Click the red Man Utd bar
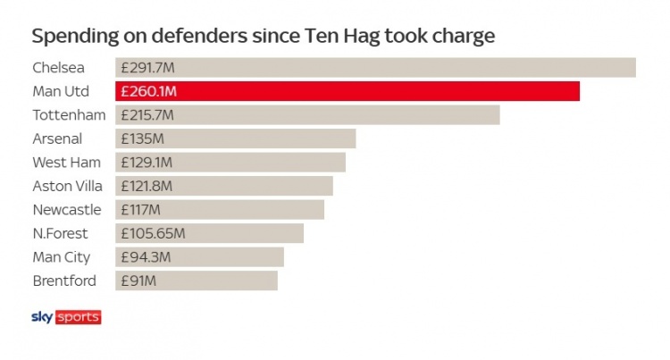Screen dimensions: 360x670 click(x=348, y=91)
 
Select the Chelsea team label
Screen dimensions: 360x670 click(x=59, y=68)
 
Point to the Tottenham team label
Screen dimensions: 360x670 click(x=69, y=115)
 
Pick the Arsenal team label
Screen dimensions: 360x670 click(x=57, y=138)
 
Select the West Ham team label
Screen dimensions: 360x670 click(x=66, y=163)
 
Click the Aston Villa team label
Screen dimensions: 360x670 click(x=68, y=186)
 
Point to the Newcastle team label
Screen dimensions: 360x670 click(x=67, y=210)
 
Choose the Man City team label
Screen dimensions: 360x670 click(x=62, y=257)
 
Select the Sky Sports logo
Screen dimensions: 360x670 click(x=66, y=317)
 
